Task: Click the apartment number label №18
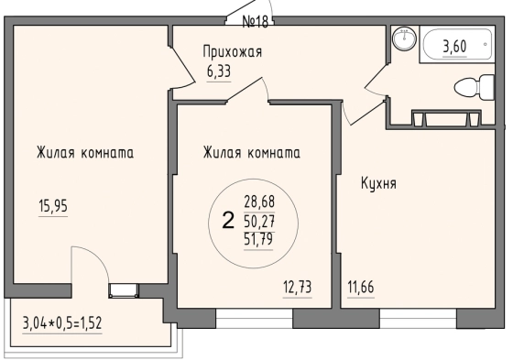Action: (x=256, y=22)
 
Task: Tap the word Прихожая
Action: (x=233, y=51)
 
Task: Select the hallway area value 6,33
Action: (x=219, y=71)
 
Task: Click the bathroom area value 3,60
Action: (x=454, y=47)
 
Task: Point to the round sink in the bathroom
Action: (x=405, y=38)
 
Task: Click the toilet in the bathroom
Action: (x=475, y=88)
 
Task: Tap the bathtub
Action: (x=457, y=45)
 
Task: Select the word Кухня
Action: (x=378, y=183)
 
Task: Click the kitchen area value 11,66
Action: (x=361, y=288)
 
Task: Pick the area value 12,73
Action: (x=298, y=288)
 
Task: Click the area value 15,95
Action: (x=53, y=206)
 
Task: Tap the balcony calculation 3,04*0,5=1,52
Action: (x=62, y=323)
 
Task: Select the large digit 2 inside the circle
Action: (x=228, y=220)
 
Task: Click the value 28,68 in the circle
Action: (x=259, y=202)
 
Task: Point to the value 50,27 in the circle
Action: (x=259, y=222)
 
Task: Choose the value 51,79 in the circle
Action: (x=258, y=240)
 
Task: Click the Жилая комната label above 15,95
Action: (x=85, y=153)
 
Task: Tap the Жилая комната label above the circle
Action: (x=252, y=153)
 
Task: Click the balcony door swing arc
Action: (x=98, y=258)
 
